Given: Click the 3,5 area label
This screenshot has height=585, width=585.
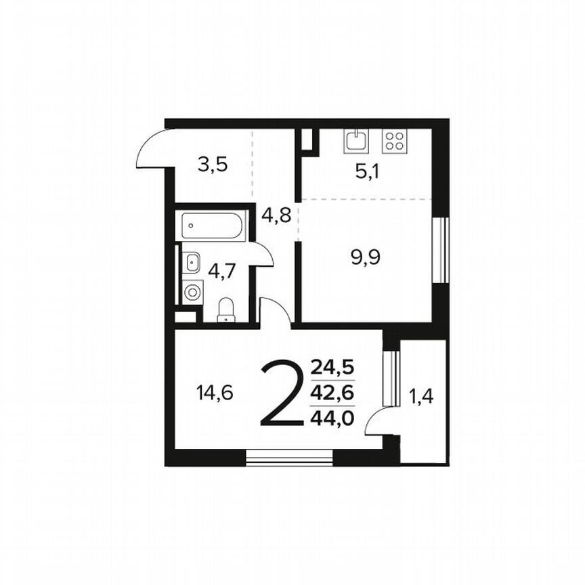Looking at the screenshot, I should point(212,165).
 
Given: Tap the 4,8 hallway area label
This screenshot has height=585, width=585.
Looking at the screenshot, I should point(276,217).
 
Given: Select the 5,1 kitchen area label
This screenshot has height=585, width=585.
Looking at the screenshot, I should point(368,171).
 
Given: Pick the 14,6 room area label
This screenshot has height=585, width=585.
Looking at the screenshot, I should point(215,393).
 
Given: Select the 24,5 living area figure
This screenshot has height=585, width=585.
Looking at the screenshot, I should point(332,370).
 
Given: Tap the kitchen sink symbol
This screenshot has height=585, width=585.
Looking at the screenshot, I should point(356,141).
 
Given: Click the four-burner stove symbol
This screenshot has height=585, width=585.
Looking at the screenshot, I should point(394,141).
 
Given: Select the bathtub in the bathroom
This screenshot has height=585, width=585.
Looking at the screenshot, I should point(212,225).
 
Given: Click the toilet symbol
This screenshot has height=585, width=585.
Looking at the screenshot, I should point(225,311).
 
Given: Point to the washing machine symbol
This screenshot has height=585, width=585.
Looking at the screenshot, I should point(192,292).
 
